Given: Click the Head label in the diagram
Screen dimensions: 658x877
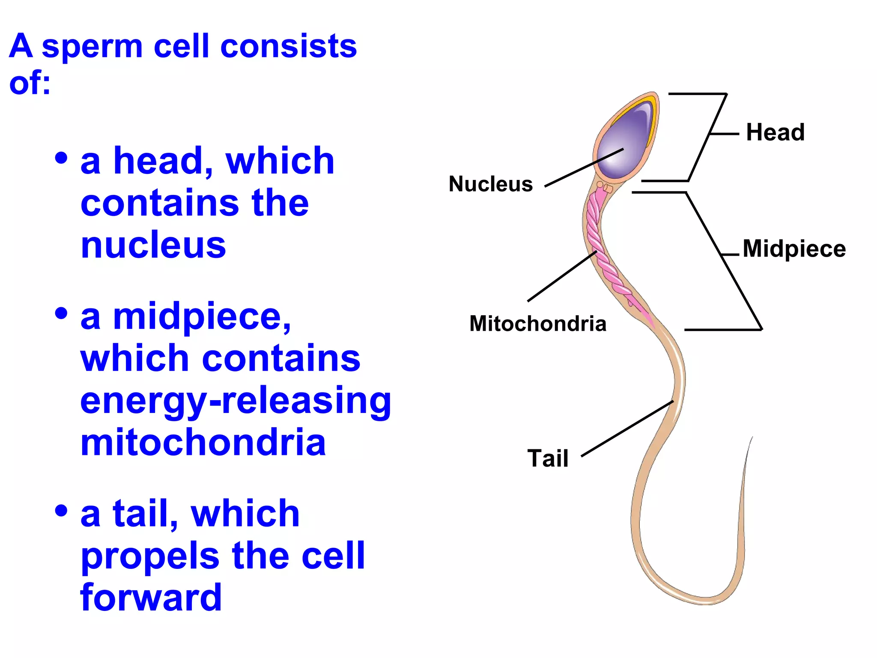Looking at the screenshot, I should click(775, 132).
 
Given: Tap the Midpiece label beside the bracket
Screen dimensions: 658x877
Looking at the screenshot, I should click(794, 248).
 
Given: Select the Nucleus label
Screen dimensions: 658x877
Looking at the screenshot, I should click(491, 184).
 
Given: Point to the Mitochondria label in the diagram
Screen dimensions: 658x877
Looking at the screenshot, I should click(538, 323).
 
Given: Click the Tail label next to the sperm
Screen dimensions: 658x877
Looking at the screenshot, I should click(548, 458).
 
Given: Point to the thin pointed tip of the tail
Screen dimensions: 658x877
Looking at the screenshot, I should click(752, 439).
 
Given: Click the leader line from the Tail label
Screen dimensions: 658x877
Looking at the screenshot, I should click(627, 429).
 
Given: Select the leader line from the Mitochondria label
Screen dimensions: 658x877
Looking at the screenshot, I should click(562, 276).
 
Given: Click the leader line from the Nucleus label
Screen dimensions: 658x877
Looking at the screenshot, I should click(584, 167).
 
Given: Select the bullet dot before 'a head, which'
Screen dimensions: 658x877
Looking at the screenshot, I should click(62, 158).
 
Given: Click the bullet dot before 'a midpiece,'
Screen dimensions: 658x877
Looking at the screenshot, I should click(62, 313).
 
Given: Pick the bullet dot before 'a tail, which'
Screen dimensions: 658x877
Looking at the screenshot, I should click(62, 510).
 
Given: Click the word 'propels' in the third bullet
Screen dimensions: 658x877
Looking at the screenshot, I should click(150, 556).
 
